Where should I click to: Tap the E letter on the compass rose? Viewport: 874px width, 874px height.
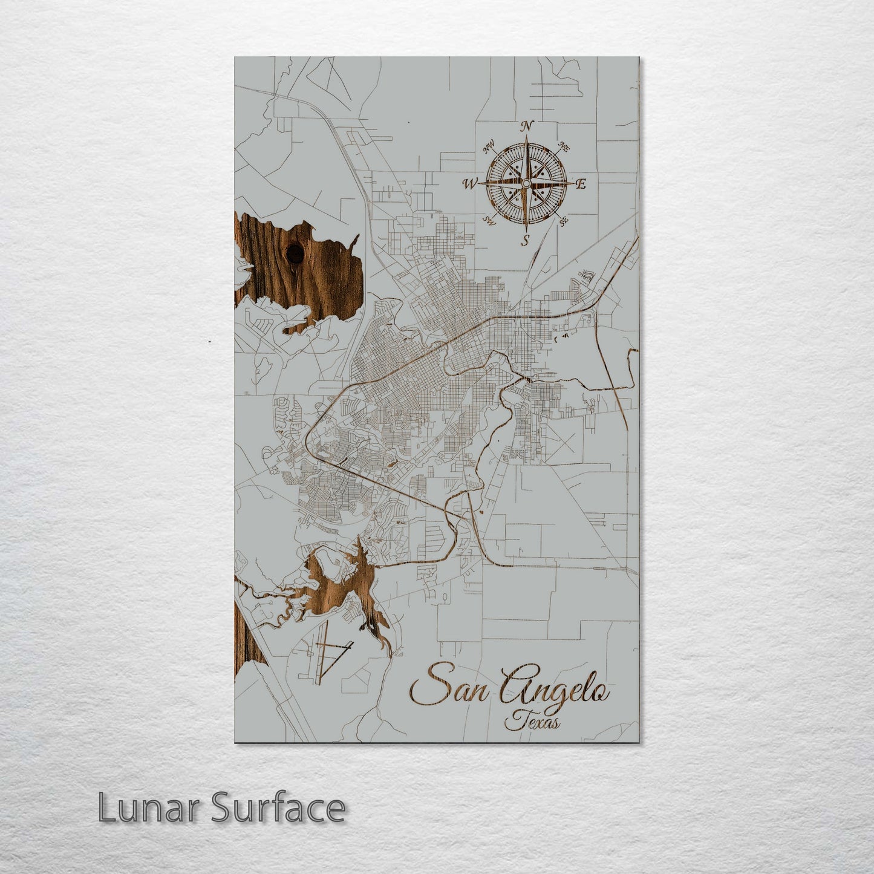[581, 184]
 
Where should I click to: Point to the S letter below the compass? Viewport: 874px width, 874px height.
[526, 240]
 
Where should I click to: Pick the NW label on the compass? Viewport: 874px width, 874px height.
[489, 146]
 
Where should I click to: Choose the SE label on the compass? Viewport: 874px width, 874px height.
[564, 221]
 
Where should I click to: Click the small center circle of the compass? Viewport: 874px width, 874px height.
[526, 183]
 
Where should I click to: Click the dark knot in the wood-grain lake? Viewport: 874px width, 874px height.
[295, 253]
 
